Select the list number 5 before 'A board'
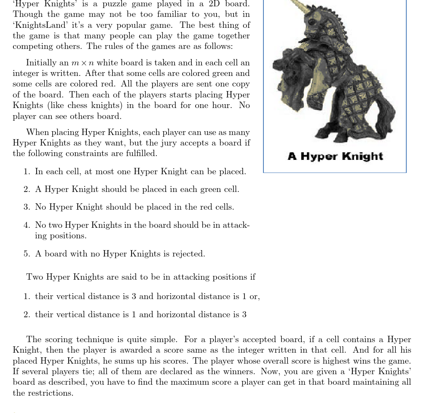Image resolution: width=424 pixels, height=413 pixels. coord(27,254)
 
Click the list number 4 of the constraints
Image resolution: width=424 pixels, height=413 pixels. coord(27,225)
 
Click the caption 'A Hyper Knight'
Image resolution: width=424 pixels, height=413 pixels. coord(335,157)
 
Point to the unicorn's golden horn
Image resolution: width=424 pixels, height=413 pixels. coord(300,7)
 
